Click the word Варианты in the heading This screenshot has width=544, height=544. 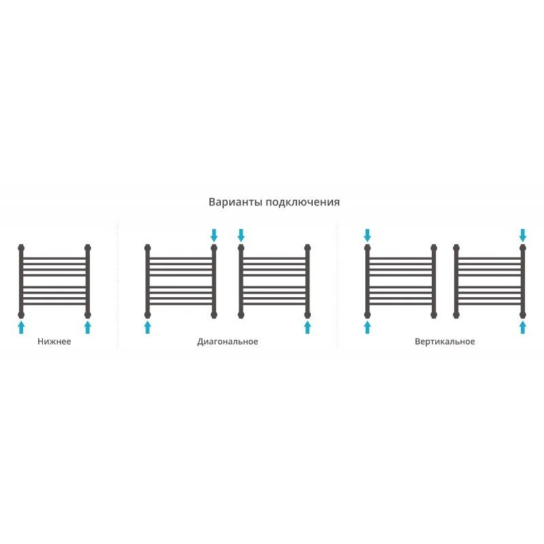pyautogui.click(x=235, y=202)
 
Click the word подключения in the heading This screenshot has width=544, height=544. pyautogui.click(x=303, y=202)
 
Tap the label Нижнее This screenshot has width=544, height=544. pyautogui.click(x=54, y=341)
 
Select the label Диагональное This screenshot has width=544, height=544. pyautogui.click(x=228, y=342)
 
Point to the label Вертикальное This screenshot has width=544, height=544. pyautogui.click(x=445, y=341)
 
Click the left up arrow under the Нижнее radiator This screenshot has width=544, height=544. pyautogui.click(x=22, y=327)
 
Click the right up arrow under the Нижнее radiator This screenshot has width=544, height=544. pyautogui.click(x=88, y=327)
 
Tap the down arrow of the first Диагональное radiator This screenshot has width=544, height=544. pyautogui.click(x=214, y=235)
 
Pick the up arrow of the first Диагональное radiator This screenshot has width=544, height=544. pyautogui.click(x=148, y=327)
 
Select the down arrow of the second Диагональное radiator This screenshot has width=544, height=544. pyautogui.click(x=241, y=235)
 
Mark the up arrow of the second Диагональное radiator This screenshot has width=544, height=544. pyautogui.click(x=307, y=327)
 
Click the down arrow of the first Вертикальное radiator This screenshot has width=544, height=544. pyautogui.click(x=367, y=235)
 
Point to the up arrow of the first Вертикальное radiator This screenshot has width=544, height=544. pyautogui.click(x=367, y=327)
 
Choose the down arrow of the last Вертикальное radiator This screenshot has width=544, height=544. pyautogui.click(x=523, y=235)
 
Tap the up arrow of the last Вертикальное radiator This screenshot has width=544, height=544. pyautogui.click(x=523, y=327)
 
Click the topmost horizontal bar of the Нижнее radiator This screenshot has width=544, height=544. pyautogui.click(x=54, y=258)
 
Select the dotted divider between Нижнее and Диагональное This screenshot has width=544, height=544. pyautogui.click(x=118, y=285)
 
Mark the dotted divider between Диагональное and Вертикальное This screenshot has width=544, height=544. pyautogui.click(x=337, y=285)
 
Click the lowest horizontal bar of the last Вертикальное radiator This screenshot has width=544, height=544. pyautogui.click(x=490, y=304)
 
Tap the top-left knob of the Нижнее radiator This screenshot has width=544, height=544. pyautogui.click(x=22, y=248)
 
